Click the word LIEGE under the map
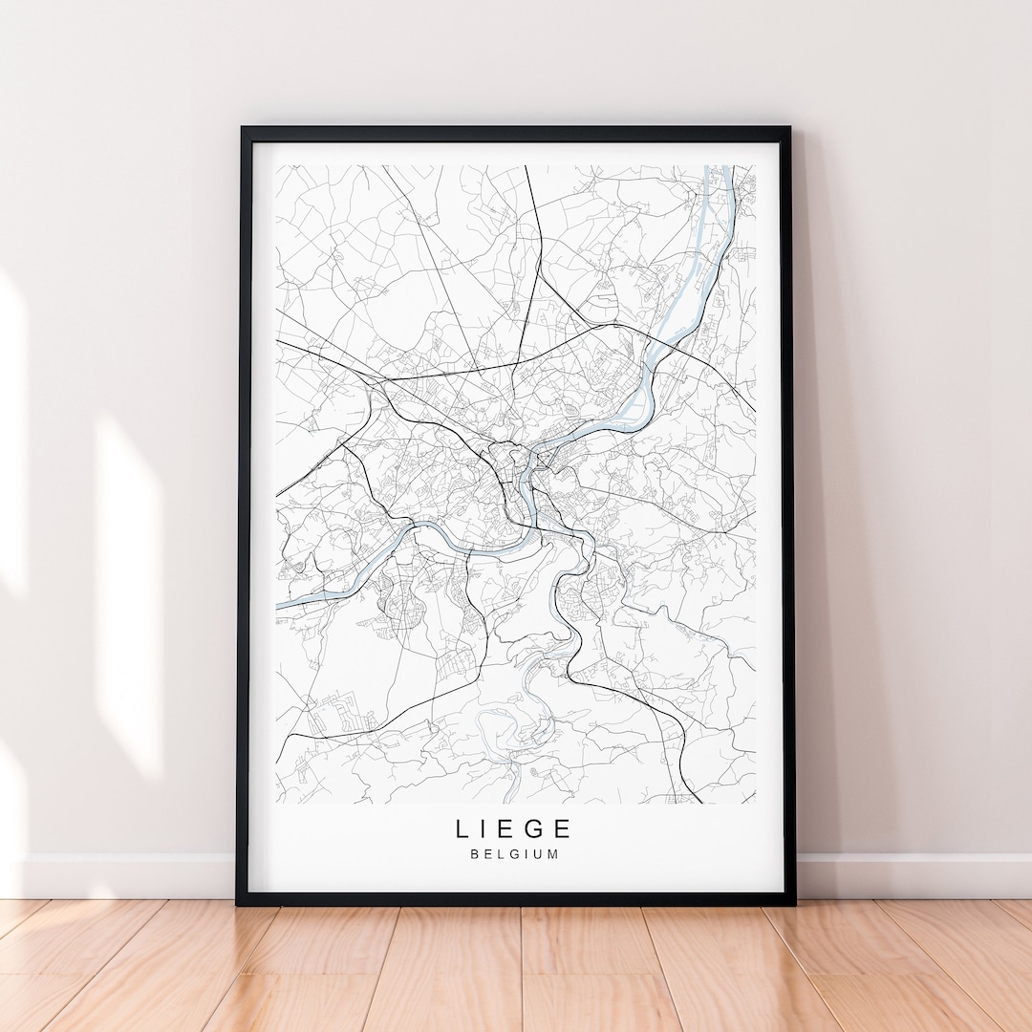tap(514, 828)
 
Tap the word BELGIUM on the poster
tap(514, 854)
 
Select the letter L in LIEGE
tap(462, 828)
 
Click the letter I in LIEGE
tap(485, 828)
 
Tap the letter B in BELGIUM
tap(474, 854)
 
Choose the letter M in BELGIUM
tap(554, 854)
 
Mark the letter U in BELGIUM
tap(540, 854)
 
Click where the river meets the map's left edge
tap(279, 605)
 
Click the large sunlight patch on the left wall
tap(129, 592)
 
